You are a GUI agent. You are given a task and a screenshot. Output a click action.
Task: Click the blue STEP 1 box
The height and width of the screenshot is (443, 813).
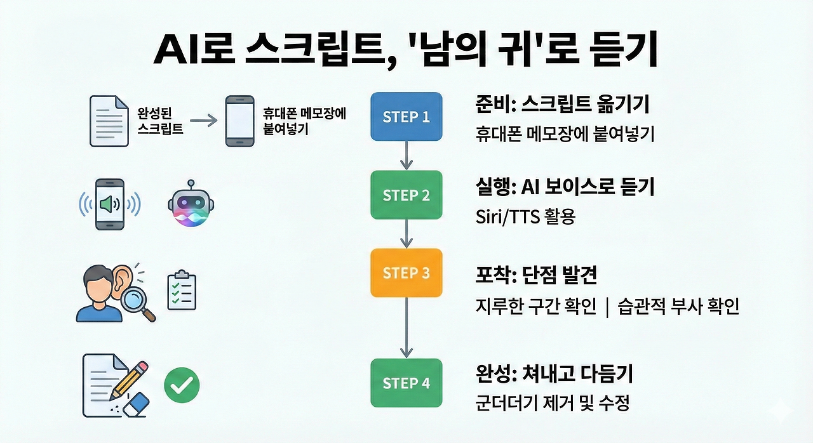click(406, 116)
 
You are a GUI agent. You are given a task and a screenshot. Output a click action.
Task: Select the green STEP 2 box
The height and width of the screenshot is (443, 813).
click(406, 195)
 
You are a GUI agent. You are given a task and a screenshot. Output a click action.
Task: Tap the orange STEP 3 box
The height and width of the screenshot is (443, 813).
click(406, 273)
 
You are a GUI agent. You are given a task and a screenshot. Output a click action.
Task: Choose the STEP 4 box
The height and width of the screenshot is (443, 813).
click(406, 383)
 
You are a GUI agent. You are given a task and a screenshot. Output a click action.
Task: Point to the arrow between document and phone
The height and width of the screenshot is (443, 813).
click(203, 119)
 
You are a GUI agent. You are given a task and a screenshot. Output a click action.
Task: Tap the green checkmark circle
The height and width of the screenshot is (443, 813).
click(182, 385)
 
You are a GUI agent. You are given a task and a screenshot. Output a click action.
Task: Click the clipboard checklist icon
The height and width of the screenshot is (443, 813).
click(182, 291)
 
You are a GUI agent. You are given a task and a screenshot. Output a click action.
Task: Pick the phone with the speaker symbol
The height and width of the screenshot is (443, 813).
click(109, 204)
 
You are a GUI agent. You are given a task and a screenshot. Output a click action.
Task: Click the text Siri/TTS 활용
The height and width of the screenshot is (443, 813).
click(525, 218)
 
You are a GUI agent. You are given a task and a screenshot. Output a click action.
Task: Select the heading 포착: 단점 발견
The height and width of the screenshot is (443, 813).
click(536, 276)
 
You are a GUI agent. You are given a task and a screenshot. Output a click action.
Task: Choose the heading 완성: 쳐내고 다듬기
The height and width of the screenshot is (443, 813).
click(554, 373)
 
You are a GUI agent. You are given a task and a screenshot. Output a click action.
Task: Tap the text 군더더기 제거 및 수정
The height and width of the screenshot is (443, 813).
click(553, 403)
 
